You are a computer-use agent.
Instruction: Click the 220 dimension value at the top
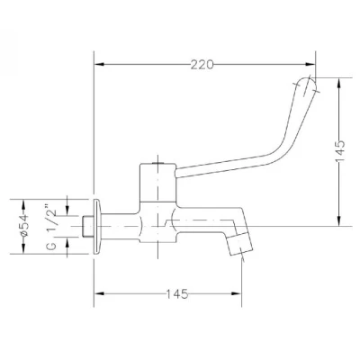202,64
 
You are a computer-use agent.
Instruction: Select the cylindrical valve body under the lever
158,202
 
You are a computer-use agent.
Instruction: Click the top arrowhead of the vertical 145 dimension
338,83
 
